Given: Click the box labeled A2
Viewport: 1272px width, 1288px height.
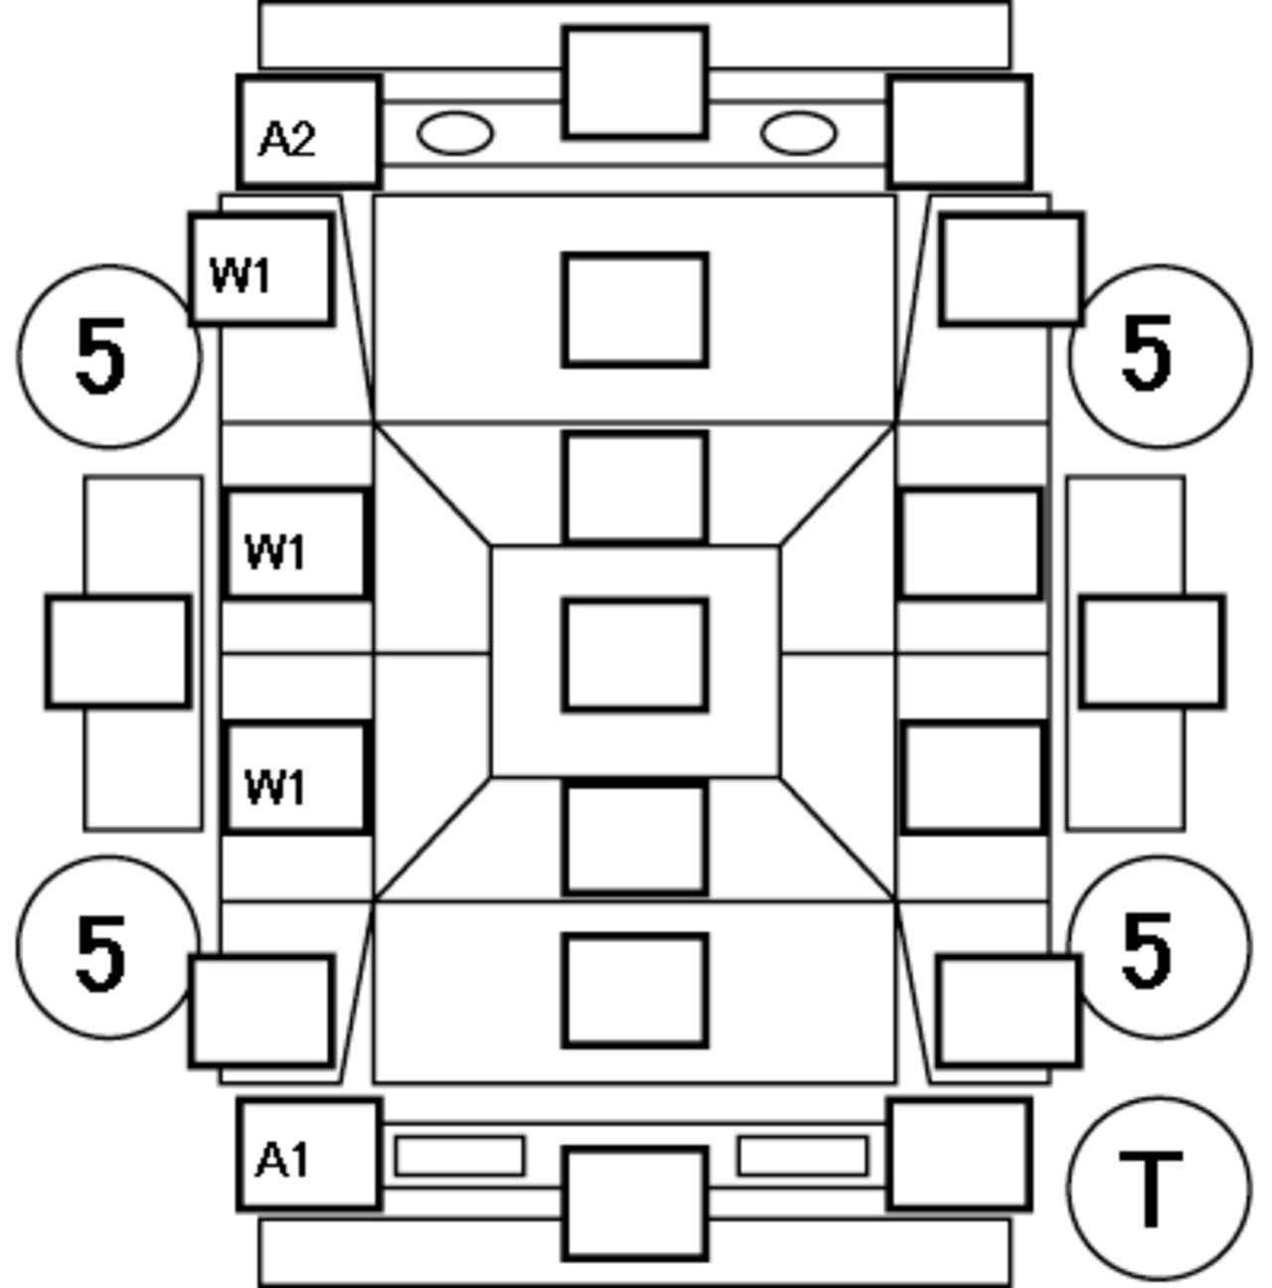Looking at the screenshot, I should pyautogui.click(x=309, y=132).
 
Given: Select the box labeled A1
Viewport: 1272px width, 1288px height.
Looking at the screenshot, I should pyautogui.click(x=309, y=1154).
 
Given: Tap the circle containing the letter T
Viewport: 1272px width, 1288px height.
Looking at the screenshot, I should pyautogui.click(x=1158, y=1188).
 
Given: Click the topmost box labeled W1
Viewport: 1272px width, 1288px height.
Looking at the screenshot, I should pyautogui.click(x=260, y=269).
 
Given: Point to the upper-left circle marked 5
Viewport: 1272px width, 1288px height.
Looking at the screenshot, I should pyautogui.click(x=107, y=356).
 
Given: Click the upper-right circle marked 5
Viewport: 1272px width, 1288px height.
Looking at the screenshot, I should pyautogui.click(x=1161, y=356).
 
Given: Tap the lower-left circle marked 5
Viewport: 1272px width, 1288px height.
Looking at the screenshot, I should pyautogui.click(x=107, y=947).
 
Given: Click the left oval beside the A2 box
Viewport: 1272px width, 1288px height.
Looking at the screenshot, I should pyautogui.click(x=455, y=133).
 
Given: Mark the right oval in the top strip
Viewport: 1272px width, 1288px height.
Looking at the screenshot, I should pyautogui.click(x=798, y=133).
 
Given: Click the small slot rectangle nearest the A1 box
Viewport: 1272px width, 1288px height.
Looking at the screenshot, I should pyautogui.click(x=459, y=1156).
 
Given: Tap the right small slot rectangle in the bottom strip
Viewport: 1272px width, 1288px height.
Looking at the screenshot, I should pyautogui.click(x=802, y=1156).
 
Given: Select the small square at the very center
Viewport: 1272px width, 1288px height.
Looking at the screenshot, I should pyautogui.click(x=635, y=655).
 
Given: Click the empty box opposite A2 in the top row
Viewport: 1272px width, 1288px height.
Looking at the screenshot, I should pyautogui.click(x=959, y=132).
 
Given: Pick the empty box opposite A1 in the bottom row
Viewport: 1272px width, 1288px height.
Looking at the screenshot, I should pyautogui.click(x=959, y=1154).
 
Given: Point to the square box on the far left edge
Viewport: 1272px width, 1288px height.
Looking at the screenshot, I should pyautogui.click(x=117, y=652).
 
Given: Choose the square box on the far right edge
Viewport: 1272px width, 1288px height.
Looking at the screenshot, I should pyautogui.click(x=1152, y=652).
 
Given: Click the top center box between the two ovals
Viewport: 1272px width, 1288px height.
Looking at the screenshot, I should pyautogui.click(x=635, y=82).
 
